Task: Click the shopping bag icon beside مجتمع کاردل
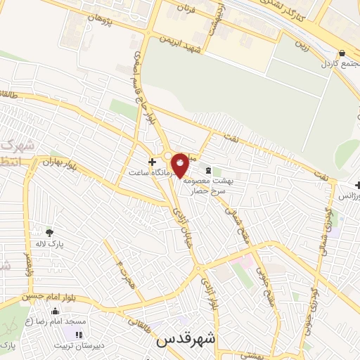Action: [x=342, y=53]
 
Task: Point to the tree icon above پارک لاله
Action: [x=49, y=232]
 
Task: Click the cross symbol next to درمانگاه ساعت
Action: [x=152, y=161]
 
